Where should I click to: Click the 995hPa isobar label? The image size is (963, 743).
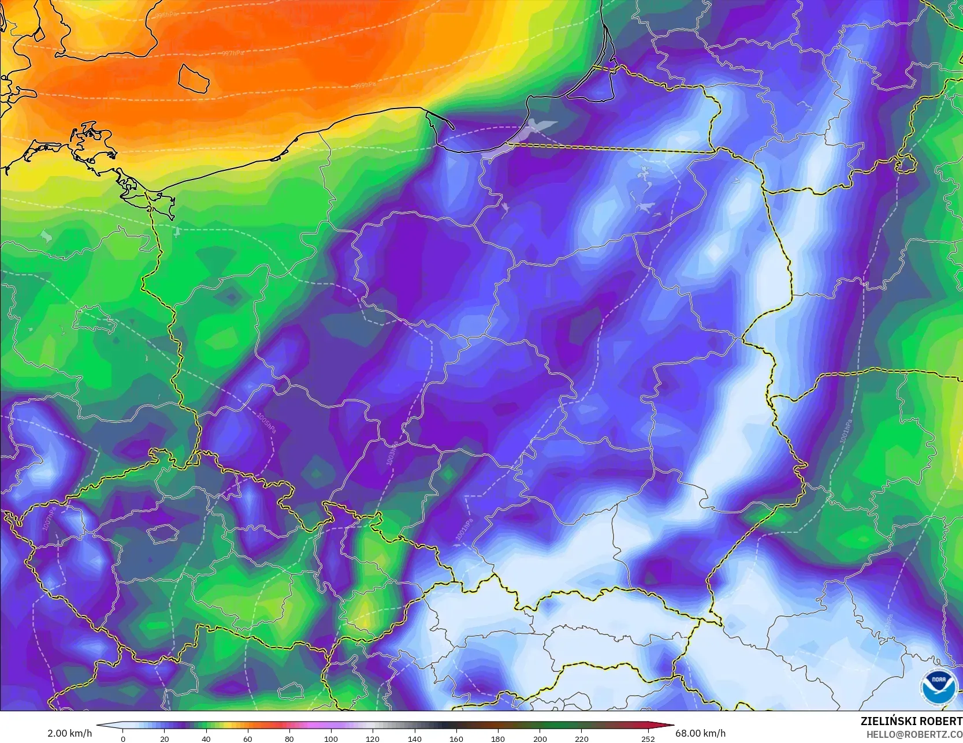click(x=166, y=16)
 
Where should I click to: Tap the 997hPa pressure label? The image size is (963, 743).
click(x=233, y=53)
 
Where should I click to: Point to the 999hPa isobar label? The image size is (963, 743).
click(x=365, y=85)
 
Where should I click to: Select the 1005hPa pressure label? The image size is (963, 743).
click(x=266, y=423)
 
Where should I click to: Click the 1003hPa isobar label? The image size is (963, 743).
click(x=391, y=454)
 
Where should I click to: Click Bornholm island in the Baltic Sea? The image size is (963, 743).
click(x=193, y=78)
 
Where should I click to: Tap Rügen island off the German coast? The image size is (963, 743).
click(x=90, y=139)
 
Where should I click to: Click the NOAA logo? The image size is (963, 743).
click(x=939, y=686)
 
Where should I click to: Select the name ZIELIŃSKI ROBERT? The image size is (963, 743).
click(x=911, y=721)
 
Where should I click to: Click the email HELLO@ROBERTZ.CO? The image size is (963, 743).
click(x=911, y=734)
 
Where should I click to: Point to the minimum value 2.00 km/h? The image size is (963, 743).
click(x=69, y=733)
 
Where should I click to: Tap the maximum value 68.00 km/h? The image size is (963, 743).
click(x=700, y=733)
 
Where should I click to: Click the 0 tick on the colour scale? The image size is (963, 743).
click(x=123, y=738)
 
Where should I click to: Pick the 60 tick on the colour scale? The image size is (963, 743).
click(x=248, y=738)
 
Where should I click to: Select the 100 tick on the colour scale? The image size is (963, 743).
click(x=331, y=738)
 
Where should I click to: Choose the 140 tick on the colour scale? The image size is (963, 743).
click(x=414, y=738)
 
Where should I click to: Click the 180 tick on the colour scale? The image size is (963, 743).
click(x=497, y=738)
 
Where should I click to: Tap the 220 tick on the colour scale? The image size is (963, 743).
click(x=581, y=738)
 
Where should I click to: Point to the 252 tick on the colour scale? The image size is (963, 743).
click(x=648, y=738)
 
